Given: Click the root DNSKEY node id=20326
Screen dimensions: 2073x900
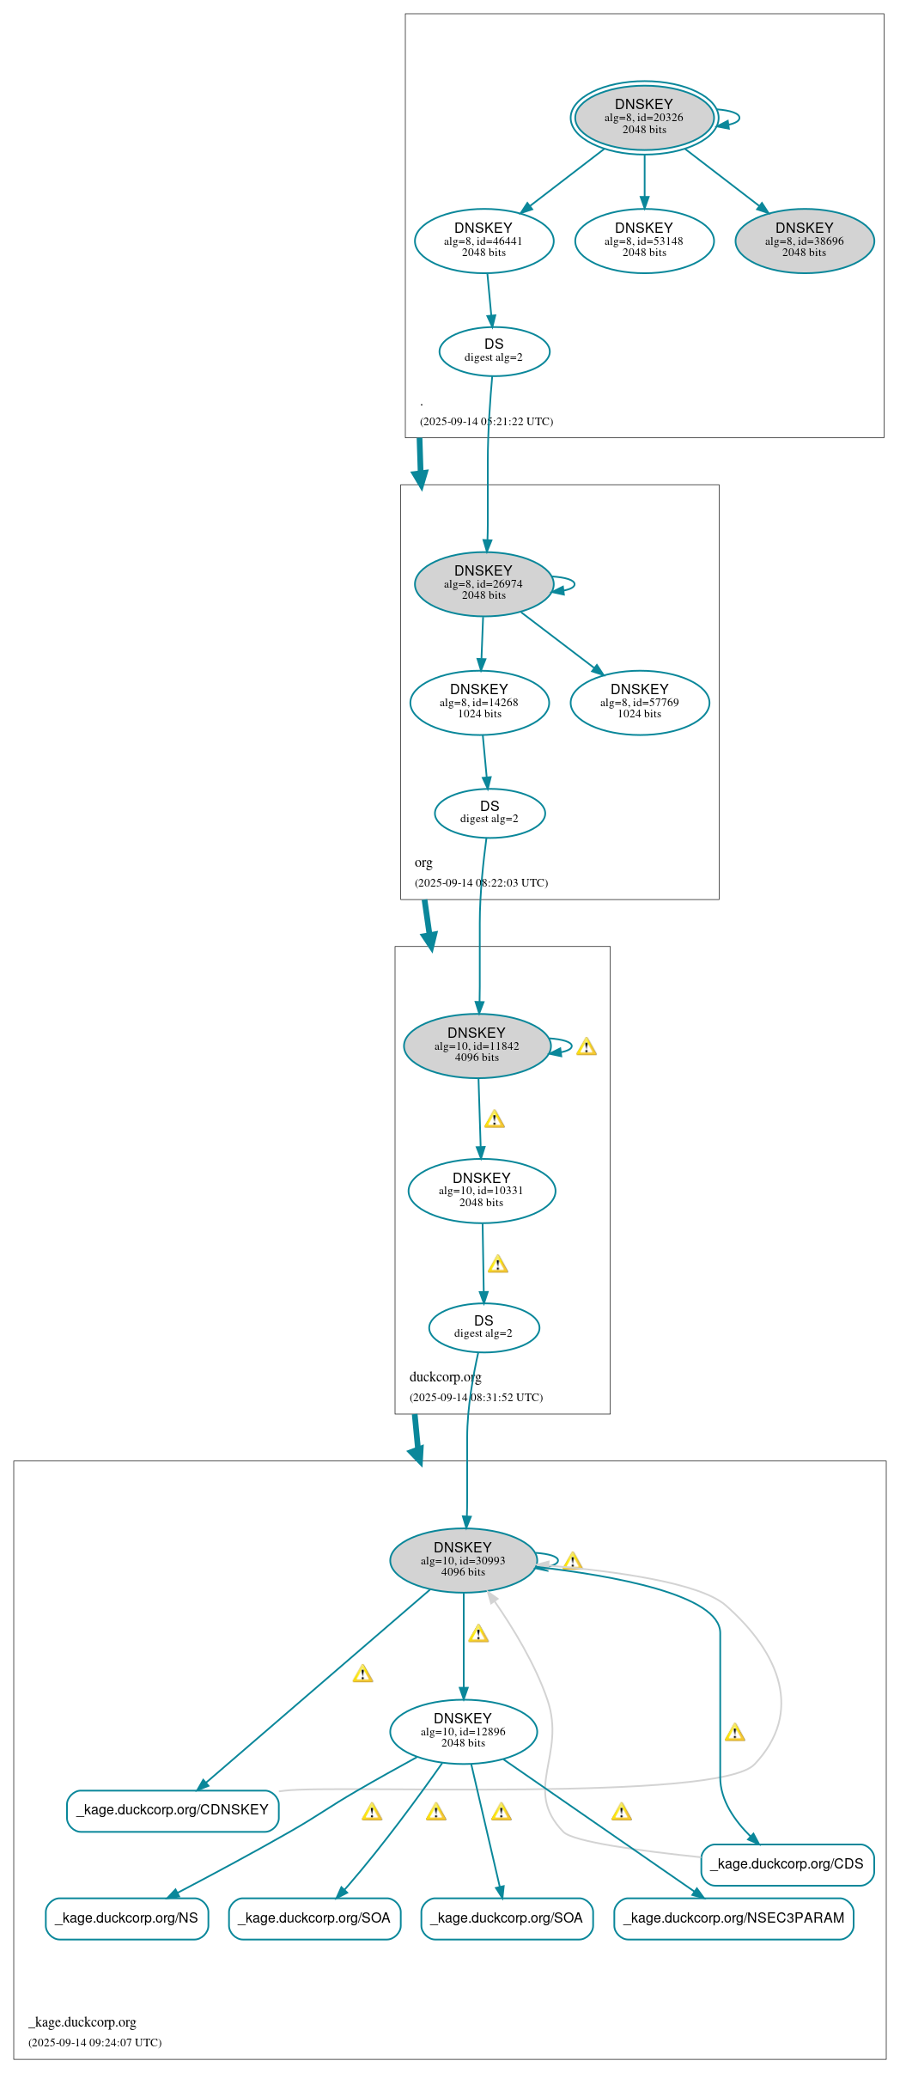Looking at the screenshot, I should pyautogui.click(x=644, y=118).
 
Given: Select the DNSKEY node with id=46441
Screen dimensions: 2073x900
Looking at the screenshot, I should pyautogui.click(x=483, y=241).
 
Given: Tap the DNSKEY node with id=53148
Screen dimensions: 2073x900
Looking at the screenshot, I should pyautogui.click(x=644, y=241).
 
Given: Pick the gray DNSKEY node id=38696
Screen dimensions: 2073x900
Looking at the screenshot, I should pyautogui.click(x=805, y=241).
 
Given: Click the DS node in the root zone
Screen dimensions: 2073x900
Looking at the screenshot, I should pyautogui.click(x=494, y=351).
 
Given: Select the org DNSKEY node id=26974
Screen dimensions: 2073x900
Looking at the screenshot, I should pyautogui.click(x=483, y=583).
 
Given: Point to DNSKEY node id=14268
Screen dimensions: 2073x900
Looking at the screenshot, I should pyautogui.click(x=479, y=702).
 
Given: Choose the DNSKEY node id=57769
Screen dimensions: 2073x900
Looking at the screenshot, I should pyautogui.click(x=640, y=702).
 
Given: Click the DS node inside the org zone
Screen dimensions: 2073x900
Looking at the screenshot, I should pyautogui.click(x=490, y=812).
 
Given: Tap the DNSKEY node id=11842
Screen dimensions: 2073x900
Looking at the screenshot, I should pyautogui.click(x=477, y=1046).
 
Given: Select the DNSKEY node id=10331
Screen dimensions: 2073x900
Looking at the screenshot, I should pyautogui.click(x=482, y=1191).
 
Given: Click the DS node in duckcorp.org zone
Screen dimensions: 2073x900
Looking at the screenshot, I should pyautogui.click(x=483, y=1327).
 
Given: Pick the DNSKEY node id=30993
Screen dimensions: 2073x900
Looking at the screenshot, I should pyautogui.click(x=463, y=1560).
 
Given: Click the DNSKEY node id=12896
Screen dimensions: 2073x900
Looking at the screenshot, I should pyautogui.click(x=463, y=1731).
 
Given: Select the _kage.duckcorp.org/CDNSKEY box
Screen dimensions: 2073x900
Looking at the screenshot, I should pyautogui.click(x=173, y=1810).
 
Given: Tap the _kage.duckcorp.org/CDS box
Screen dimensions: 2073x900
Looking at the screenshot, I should pyautogui.click(x=787, y=1864).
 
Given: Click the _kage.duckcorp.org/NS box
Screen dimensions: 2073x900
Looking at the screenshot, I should pyautogui.click(x=127, y=1918).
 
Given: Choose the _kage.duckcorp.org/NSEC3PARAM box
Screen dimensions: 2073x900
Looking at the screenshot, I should pyautogui.click(x=733, y=1918).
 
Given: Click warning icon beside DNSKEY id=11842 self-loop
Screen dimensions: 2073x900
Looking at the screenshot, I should pyautogui.click(x=587, y=1046).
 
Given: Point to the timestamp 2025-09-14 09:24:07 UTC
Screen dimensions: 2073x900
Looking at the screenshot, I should pyautogui.click(x=94, y=2043).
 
